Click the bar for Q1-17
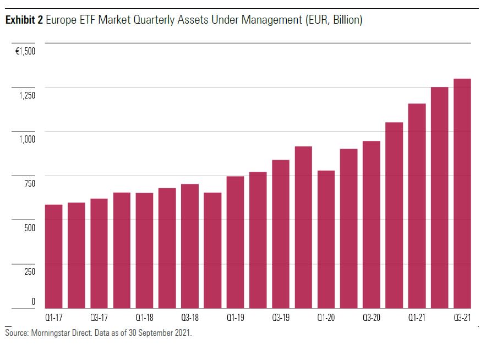[x=53, y=256]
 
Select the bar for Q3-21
[x=462, y=193]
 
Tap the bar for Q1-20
[x=326, y=239]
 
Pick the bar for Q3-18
[x=190, y=246]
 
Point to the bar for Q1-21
[x=417, y=205]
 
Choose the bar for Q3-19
[x=281, y=233]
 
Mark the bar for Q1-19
[x=235, y=242]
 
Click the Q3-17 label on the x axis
[x=99, y=318]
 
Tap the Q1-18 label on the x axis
[x=144, y=318]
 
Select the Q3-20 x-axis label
[x=372, y=318]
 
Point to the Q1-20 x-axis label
[x=326, y=318]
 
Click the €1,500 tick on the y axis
[x=25, y=51]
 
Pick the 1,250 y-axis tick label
[x=26, y=95]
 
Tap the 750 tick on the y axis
[x=29, y=183]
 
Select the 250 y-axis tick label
[x=29, y=271]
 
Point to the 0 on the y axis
[x=33, y=301]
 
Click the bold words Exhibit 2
[x=24, y=20]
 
